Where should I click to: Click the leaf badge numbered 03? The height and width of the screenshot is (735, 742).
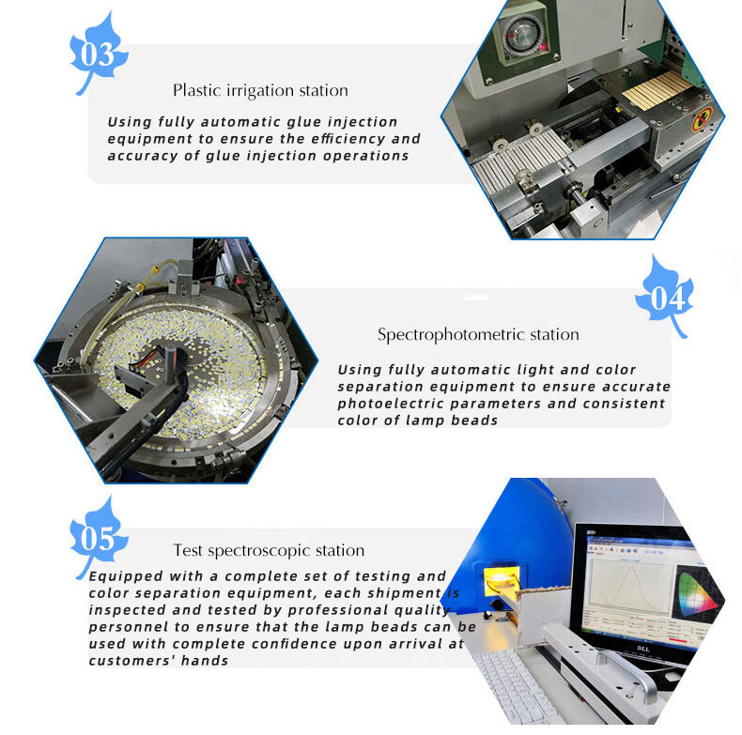coord(98,54)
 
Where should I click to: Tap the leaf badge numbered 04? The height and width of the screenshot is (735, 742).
coord(665,297)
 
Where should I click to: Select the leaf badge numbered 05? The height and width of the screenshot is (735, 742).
coord(98,538)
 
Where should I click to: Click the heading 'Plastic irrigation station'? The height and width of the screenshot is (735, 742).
coord(260,90)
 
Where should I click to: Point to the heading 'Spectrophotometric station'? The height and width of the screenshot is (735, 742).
coord(478,335)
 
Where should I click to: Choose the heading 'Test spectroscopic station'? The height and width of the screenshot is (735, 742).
coord(269,550)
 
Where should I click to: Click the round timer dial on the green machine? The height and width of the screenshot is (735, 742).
coord(521,35)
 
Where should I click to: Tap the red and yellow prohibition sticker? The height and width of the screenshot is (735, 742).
coord(703,118)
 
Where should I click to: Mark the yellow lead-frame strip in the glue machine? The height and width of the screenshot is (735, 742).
coord(657,90)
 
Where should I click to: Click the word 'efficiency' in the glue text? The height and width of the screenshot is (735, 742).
coord(348,139)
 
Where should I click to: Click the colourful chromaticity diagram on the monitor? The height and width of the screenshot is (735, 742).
coord(695,591)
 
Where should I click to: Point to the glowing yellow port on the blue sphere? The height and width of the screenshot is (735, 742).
coord(502,578)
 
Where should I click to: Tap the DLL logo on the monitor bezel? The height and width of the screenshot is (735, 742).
coord(643,649)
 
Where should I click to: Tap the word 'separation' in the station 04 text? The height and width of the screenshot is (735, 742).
coord(380,387)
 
